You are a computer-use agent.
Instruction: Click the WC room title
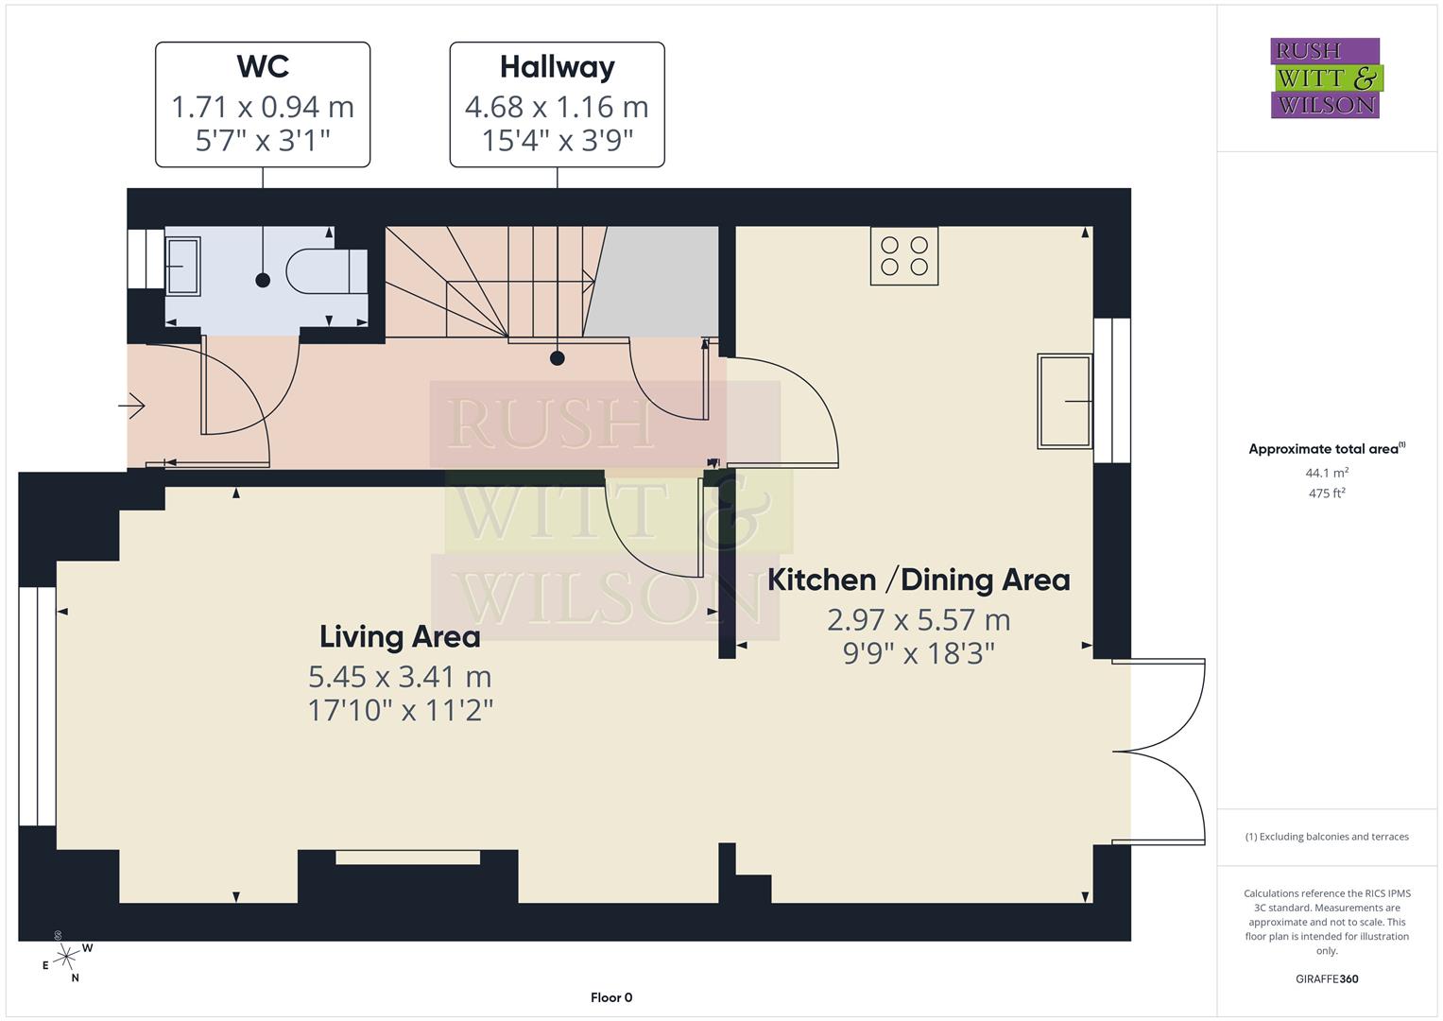(x=263, y=67)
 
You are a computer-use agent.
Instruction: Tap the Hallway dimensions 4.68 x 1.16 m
(x=557, y=107)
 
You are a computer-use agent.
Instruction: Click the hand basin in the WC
(x=182, y=266)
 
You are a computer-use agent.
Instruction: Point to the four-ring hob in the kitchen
(x=904, y=255)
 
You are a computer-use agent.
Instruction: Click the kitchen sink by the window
(x=1065, y=401)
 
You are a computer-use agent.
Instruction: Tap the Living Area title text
(x=400, y=636)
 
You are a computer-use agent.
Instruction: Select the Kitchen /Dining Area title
(x=919, y=580)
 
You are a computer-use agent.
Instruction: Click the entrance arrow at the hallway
(x=131, y=407)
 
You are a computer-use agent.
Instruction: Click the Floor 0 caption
(x=611, y=997)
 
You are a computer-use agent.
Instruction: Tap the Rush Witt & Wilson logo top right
(x=1326, y=78)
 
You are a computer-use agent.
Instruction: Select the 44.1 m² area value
(x=1327, y=473)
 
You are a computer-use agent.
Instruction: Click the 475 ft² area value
(x=1327, y=493)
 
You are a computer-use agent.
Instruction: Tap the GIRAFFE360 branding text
(x=1327, y=978)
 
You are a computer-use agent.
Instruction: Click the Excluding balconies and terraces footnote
(x=1327, y=837)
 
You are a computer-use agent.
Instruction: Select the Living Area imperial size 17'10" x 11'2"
(x=400, y=710)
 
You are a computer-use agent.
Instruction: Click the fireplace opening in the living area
(x=407, y=857)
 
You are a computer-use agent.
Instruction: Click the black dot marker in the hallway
(x=558, y=358)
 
